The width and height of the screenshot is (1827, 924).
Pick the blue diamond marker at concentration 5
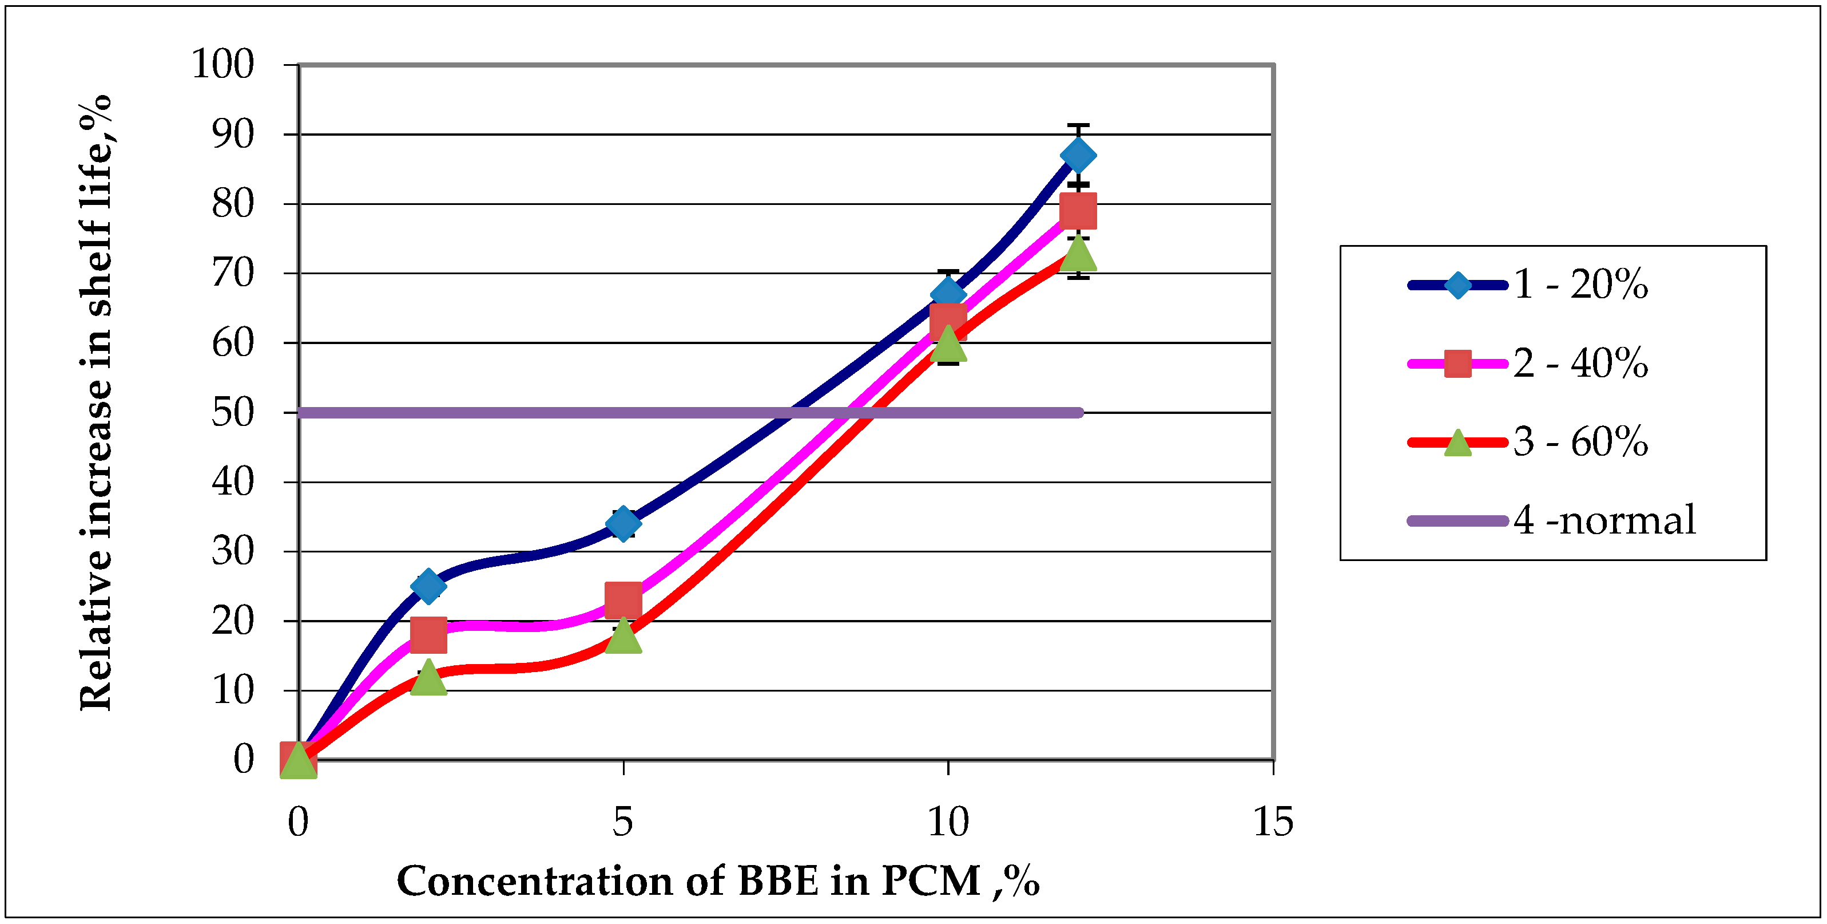click(x=623, y=524)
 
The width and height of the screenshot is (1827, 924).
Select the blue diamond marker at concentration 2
click(x=428, y=586)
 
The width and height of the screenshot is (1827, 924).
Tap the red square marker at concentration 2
click(x=428, y=634)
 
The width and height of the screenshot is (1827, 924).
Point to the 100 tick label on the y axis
click(x=223, y=65)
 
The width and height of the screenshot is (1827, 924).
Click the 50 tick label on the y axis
click(x=233, y=412)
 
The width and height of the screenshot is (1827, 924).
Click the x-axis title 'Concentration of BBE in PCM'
click(x=718, y=882)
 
